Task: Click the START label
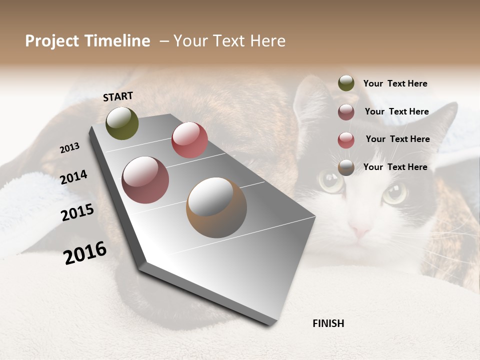118,96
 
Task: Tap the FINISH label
328,323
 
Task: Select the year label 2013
69,147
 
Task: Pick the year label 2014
73,177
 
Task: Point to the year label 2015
77,212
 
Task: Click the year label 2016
85,252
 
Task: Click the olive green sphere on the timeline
122,123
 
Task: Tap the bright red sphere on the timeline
189,140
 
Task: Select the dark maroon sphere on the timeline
145,180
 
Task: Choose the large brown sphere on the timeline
216,207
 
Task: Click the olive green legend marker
346,83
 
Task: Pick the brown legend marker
346,167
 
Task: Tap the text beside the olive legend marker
395,83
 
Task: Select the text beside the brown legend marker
395,167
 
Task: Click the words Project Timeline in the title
87,41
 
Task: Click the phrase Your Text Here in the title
229,41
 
